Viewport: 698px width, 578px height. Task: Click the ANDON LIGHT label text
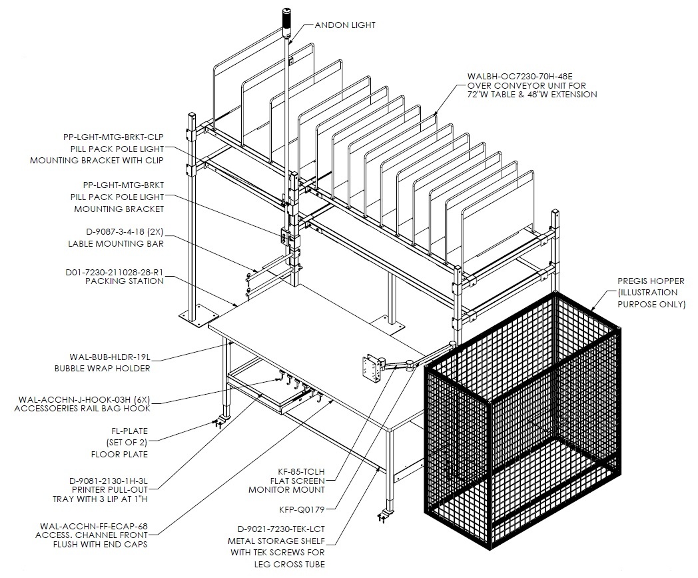[x=345, y=25]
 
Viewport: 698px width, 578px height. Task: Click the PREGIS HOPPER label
[x=651, y=281]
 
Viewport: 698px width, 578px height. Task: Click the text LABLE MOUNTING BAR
[x=116, y=244]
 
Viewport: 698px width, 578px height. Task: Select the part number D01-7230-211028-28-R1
[x=115, y=272]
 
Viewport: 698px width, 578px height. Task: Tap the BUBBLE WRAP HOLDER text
[x=103, y=369]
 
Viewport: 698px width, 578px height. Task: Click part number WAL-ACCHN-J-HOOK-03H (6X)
[x=84, y=399]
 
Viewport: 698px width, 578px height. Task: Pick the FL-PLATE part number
[x=129, y=431]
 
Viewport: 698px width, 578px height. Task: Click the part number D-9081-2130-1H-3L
[x=108, y=481]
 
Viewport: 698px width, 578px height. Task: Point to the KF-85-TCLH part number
[x=301, y=471]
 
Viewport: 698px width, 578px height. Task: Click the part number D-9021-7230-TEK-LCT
[x=281, y=529]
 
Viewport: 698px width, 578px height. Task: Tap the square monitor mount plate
[x=371, y=368]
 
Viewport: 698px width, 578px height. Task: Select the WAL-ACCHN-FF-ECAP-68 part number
[x=93, y=526]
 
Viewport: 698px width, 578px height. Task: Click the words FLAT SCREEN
[x=297, y=481]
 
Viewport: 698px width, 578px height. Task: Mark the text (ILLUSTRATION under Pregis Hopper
[x=647, y=293]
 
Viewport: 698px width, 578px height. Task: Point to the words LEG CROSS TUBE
[x=289, y=564]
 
